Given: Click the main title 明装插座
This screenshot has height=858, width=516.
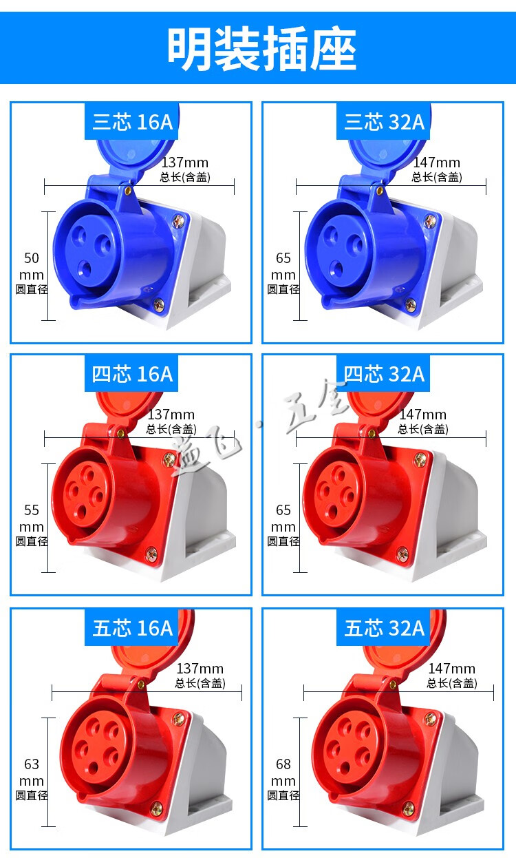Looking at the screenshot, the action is pos(262,48).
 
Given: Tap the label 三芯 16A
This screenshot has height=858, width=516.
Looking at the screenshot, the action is pos(133,122).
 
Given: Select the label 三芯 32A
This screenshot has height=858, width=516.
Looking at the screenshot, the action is pos(385,122).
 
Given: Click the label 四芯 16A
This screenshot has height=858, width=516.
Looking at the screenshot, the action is pos(133,374).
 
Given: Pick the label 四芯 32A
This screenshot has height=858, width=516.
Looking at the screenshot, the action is pos(385,374).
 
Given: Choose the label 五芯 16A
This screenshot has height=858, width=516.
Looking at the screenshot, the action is pos(133,628).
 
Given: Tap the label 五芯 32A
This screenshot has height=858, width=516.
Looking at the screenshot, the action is pos(385,628).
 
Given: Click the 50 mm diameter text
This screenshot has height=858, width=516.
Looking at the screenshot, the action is pos(32,273).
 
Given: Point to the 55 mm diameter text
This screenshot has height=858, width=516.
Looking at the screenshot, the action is pos(32,525).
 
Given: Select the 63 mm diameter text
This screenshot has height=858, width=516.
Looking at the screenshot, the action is pos(32,779).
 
